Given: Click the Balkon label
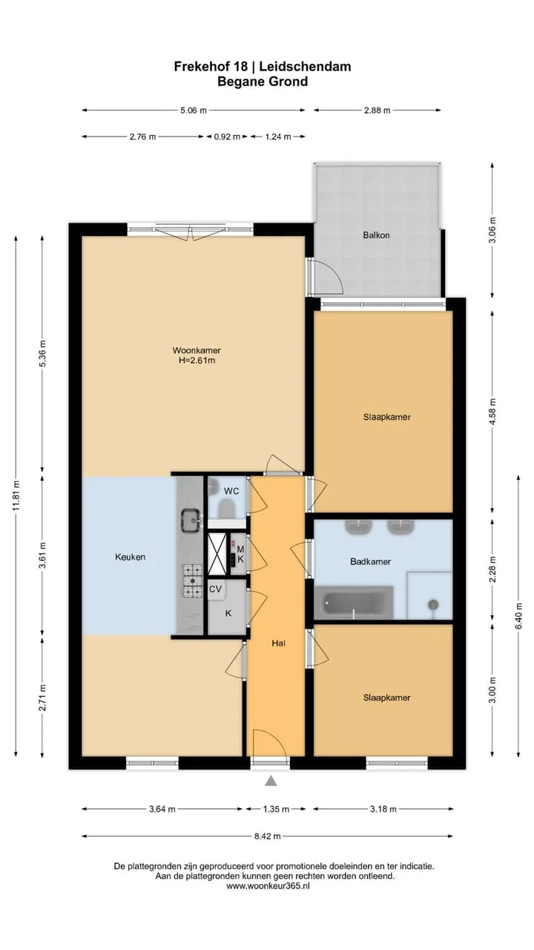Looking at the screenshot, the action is coord(376,235).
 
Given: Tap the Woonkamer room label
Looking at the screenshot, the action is coord(197,350).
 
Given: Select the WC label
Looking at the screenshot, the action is coord(231,491).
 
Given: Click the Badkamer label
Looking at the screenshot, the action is coord(370,562).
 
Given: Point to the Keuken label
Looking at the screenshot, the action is coord(130,557).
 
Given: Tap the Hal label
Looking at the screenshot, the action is coord(278,643).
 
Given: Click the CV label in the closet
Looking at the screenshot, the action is coord(215,589).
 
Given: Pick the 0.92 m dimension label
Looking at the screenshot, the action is coord(227,137).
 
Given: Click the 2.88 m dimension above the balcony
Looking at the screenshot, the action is coord(378,111).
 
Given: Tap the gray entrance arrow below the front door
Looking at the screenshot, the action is coord(271,781).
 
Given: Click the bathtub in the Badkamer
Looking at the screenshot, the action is coord(354,602).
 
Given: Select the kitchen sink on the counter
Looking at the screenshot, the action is coord(191,520).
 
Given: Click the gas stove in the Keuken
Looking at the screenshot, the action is coord(192,580).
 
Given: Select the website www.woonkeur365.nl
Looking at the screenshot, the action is coord(268,886).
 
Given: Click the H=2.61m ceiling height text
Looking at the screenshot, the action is coord(197,361).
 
